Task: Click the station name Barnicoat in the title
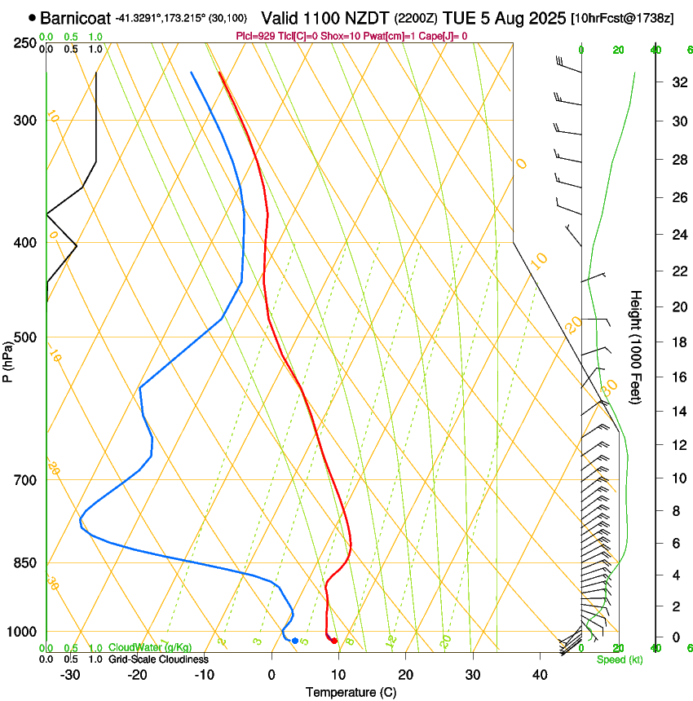[75, 17]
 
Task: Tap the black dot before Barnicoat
[32, 17]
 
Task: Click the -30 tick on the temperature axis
[71, 675]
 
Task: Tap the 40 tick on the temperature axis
[539, 675]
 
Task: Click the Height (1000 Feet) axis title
[636, 346]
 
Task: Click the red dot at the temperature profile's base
[334, 641]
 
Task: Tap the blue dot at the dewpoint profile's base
[294, 641]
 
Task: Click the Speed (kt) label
[619, 659]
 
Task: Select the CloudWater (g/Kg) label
[151, 648]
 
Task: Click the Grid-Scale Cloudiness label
[158, 659]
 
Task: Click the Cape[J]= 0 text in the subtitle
[442, 36]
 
